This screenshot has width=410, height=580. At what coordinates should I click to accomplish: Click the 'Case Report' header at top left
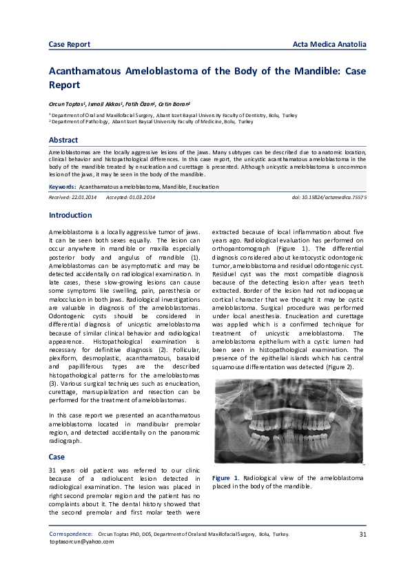(70, 45)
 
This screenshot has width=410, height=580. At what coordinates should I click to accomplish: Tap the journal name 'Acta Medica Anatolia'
(329, 45)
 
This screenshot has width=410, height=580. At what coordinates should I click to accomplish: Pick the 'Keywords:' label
(62, 187)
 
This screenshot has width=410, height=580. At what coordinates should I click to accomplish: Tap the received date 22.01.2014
(83, 197)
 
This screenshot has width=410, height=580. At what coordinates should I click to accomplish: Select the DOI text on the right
(330, 197)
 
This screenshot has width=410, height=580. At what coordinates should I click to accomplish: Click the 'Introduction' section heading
(70, 215)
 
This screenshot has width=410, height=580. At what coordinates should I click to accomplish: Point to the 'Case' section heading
(57, 456)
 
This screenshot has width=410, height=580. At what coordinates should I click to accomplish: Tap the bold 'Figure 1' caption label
(225, 477)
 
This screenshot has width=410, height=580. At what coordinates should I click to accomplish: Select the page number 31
(362, 534)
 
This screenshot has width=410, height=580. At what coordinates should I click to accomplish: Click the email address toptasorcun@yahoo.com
(81, 541)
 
